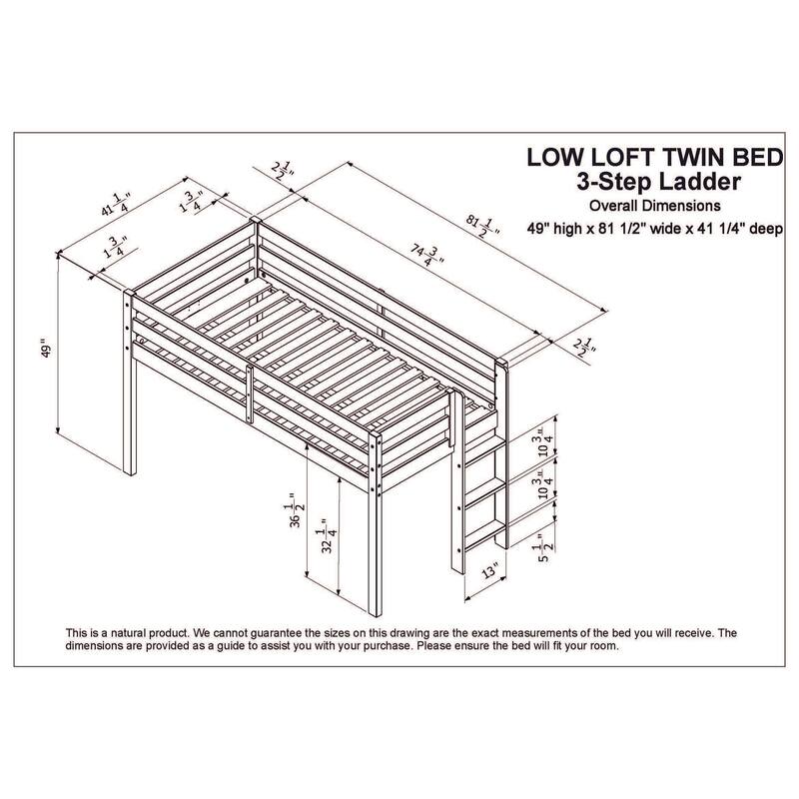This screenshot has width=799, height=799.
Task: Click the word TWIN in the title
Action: click(694, 157)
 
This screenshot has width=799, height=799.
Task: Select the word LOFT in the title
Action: click(624, 157)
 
